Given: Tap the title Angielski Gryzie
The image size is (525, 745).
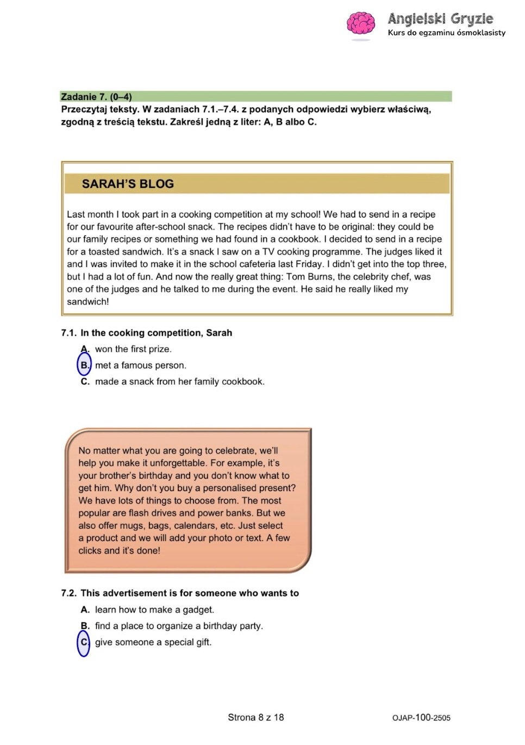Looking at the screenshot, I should pos(440,19).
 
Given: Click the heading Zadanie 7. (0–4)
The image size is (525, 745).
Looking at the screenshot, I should pos(96,97).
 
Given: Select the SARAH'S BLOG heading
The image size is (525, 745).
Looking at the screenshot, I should pos(128,184).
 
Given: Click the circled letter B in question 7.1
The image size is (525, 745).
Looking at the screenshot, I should pos(84,365).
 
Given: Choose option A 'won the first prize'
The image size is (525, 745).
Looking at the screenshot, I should pos(133,349).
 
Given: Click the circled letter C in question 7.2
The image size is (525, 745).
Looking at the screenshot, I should pos(84,642).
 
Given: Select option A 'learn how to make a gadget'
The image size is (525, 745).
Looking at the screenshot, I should pos(154,610).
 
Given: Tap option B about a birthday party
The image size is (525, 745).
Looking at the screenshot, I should pos(179,626).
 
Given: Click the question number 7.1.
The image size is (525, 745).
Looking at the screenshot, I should pos(68,333).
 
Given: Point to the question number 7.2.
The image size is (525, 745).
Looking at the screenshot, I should pos(68,593).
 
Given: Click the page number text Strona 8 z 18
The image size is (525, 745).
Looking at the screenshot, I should pos(255,717).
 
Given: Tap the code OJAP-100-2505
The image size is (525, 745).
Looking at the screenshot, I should pos(421,718).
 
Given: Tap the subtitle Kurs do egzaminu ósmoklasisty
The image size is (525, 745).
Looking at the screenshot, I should pos(446,33).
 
